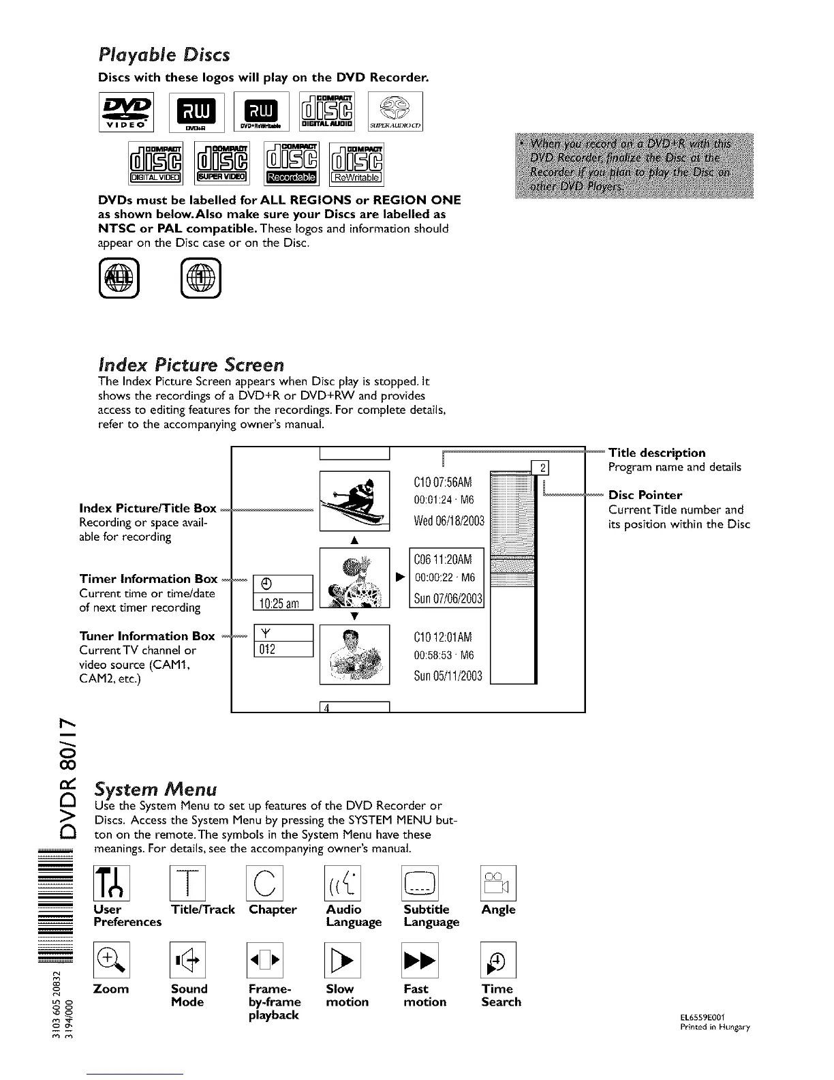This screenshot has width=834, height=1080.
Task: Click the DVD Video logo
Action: pyautogui.click(x=126, y=111)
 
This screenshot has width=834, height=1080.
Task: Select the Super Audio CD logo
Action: pyautogui.click(x=395, y=111)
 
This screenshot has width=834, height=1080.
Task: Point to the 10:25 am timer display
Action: pyautogui.click(x=282, y=603)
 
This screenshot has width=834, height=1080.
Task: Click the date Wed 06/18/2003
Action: pyautogui.click(x=448, y=522)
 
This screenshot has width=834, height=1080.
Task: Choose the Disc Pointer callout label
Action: pyautogui.click(x=645, y=495)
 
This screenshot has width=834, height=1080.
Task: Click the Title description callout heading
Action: pyautogui.click(x=656, y=453)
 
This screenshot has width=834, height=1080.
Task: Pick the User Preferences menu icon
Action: pyautogui.click(x=112, y=883)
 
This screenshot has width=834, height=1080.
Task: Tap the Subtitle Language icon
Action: pyautogui.click(x=421, y=883)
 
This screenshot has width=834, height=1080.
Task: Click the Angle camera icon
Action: pyautogui.click(x=499, y=883)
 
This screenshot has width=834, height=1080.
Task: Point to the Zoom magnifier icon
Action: pyautogui.click(x=112, y=960)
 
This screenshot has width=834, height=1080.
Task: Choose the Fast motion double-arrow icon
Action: pyautogui.click(x=421, y=960)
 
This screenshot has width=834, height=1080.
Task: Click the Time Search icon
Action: pyautogui.click(x=499, y=960)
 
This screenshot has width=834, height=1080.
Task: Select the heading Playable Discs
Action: pyautogui.click(x=164, y=55)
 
